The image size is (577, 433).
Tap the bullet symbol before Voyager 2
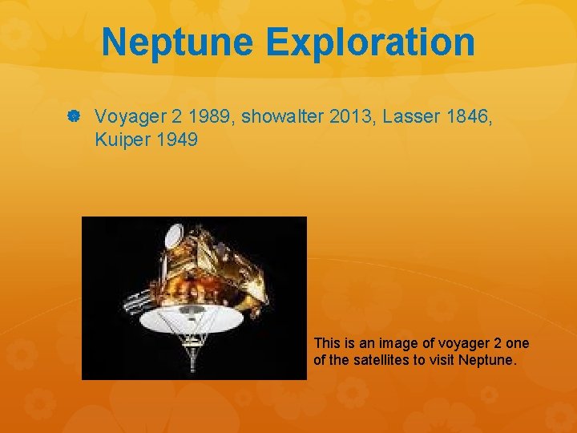click(x=73, y=117)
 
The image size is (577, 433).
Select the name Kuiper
click(x=121, y=141)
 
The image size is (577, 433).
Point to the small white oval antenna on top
click(x=172, y=235)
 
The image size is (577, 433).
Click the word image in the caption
click(x=387, y=344)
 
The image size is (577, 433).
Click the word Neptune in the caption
click(x=488, y=359)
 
